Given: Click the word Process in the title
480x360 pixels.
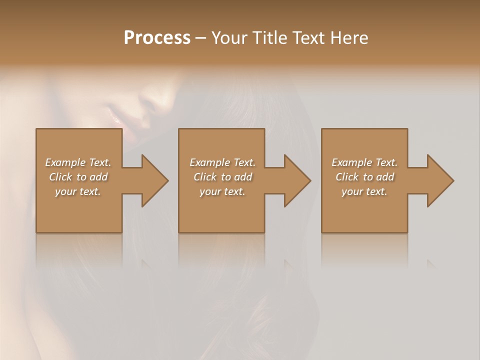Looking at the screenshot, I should pyautogui.click(x=157, y=38).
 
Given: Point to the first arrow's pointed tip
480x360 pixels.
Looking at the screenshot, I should pyautogui.click(x=167, y=180).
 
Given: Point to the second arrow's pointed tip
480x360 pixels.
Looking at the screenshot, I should pyautogui.click(x=310, y=180).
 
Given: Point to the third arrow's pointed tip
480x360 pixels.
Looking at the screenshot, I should pyautogui.click(x=453, y=180).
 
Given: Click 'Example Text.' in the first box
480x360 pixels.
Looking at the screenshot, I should pyautogui.click(x=78, y=162).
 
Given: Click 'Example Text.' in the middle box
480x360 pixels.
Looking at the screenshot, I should pyautogui.click(x=222, y=162).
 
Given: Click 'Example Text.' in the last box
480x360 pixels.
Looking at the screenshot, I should pyautogui.click(x=364, y=162).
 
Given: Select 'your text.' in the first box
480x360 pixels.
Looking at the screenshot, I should pyautogui.click(x=78, y=191).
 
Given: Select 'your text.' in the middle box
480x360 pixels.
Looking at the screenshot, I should pyautogui.click(x=222, y=191).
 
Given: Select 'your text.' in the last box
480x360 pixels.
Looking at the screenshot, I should pyautogui.click(x=364, y=191).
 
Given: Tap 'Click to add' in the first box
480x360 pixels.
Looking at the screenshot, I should pyautogui.click(x=78, y=177).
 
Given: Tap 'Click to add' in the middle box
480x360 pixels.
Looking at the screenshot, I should pyautogui.click(x=222, y=177).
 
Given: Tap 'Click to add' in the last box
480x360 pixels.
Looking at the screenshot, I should pyautogui.click(x=364, y=177).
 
